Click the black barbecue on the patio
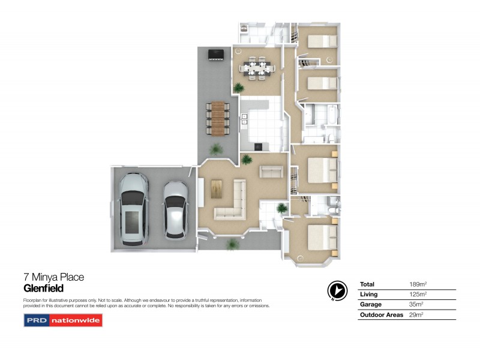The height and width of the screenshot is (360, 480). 215,55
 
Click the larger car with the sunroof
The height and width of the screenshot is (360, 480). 133,208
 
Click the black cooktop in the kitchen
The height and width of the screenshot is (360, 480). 259,146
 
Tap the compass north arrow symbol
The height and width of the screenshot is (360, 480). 337,290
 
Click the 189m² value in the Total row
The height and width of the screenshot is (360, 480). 416,284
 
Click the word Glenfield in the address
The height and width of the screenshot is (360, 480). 43,288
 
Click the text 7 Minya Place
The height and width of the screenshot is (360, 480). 53,277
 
